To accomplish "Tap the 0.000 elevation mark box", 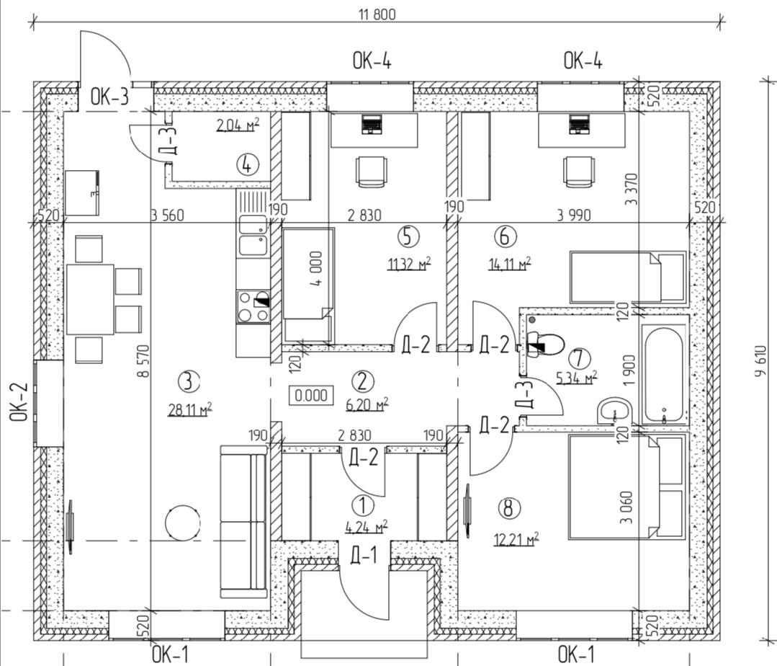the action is pos(311,395).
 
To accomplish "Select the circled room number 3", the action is pos(187,380).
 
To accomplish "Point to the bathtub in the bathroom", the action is pos(663,373).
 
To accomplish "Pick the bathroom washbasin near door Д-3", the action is pos(614,410).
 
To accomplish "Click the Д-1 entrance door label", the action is pos(363,554).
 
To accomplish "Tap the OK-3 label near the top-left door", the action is pos(109,97).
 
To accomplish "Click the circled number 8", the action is pos(509,508).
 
